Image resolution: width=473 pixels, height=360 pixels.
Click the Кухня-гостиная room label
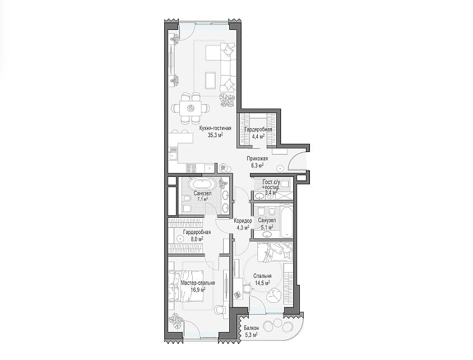point(215,128)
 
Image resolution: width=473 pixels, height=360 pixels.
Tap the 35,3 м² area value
point(215,135)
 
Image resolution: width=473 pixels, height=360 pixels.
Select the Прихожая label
point(257,158)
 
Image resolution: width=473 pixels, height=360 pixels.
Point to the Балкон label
point(251,328)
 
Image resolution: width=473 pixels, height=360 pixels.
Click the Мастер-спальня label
point(198,283)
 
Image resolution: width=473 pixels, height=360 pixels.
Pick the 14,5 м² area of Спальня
point(262,283)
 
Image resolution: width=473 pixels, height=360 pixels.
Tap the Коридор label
point(243,221)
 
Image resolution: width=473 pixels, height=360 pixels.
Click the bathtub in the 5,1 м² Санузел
point(286,221)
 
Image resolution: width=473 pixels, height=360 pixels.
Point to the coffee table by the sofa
point(211,81)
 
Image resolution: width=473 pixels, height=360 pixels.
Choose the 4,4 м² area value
point(258,136)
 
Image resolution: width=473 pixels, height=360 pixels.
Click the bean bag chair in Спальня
point(274,294)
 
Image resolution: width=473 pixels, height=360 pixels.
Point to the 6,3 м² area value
point(257,165)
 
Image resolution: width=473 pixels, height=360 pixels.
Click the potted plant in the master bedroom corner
point(175,320)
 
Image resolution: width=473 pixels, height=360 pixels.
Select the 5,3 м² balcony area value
point(251,335)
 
